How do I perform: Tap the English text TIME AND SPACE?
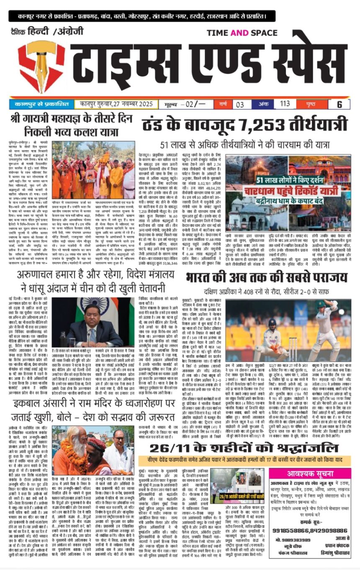[242, 33]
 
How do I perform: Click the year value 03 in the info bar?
[240, 104]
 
